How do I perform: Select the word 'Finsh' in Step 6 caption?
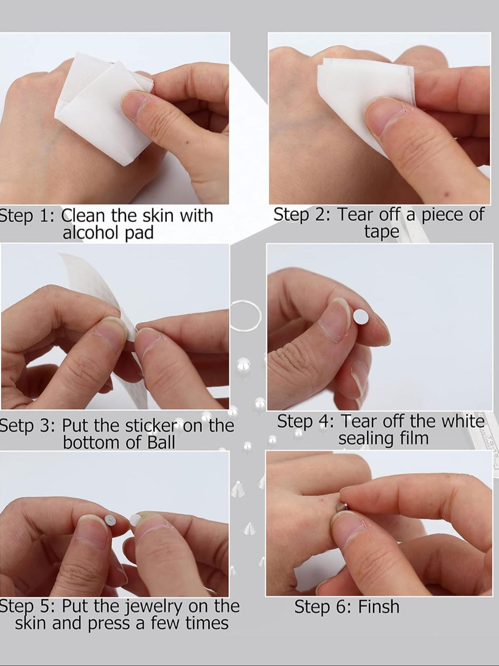pos(379,607)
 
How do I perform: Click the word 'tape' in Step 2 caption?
pos(381,232)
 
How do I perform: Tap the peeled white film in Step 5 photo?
pos(135,518)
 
